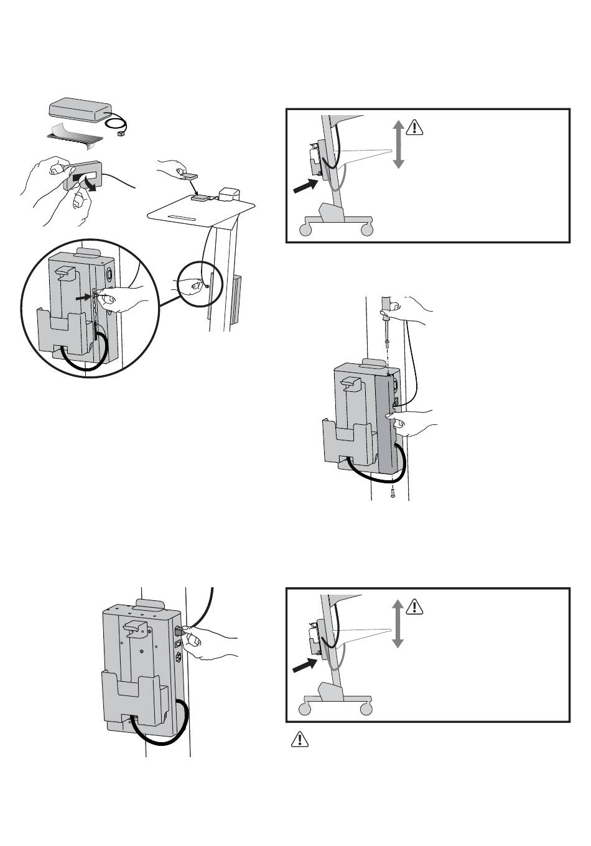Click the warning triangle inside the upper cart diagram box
[414, 128]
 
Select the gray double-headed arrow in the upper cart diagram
[399, 144]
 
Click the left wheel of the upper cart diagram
[305, 230]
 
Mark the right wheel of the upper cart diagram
[368, 230]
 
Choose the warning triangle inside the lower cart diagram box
[414, 607]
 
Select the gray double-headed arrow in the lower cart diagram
[399, 623]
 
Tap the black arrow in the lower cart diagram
[306, 666]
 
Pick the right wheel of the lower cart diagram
[367, 709]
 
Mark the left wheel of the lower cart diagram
[305, 709]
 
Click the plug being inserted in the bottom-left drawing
[181, 631]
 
